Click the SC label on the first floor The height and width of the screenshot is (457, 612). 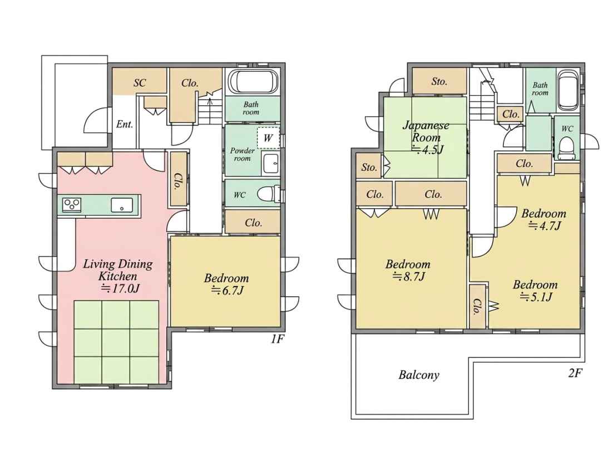[x=140, y=83]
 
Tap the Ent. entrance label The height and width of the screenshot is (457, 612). [x=125, y=124]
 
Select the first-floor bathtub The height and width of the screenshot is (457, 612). [x=253, y=82]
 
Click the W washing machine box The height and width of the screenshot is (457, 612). [x=268, y=138]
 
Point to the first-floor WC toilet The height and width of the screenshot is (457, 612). [x=269, y=193]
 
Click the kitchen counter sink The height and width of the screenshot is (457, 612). [x=122, y=205]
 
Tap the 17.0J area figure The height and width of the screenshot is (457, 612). [x=120, y=289]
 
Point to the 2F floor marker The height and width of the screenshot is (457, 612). [x=575, y=374]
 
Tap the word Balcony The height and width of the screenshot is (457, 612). [x=419, y=375]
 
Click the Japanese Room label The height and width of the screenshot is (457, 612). [x=426, y=131]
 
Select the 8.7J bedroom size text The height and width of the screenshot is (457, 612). [x=408, y=277]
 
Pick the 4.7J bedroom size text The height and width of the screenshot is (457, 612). [x=545, y=225]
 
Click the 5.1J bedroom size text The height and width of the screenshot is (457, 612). [x=536, y=297]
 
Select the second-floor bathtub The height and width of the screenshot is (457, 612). [x=568, y=90]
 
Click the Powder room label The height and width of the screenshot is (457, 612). [x=242, y=154]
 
